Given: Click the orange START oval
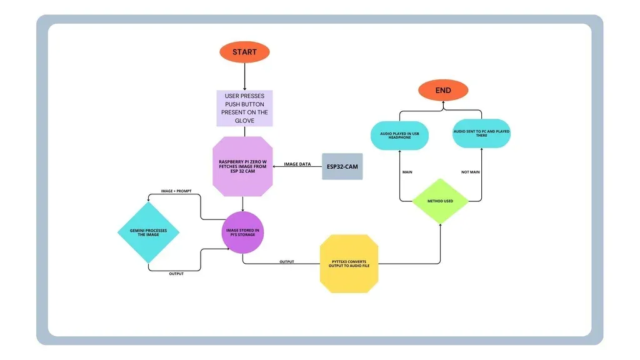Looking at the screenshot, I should tap(244, 52).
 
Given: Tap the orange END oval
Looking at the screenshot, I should tap(443, 91).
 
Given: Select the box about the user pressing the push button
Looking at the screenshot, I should tap(244, 109).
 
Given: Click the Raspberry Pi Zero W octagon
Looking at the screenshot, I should tap(244, 165).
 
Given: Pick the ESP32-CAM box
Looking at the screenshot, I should tap(342, 166).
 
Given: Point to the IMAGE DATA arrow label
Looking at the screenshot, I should tap(298, 164).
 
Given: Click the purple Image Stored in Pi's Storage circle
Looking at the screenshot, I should tap(243, 232).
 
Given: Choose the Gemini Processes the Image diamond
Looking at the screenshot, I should tap(149, 232).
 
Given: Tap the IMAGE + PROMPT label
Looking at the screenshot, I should tap(176, 191).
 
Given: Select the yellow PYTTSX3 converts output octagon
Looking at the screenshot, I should tap(349, 263).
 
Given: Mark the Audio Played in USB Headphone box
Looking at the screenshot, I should tap(400, 134).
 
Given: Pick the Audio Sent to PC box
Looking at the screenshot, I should tap(481, 134).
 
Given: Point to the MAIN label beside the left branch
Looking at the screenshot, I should tap(407, 172).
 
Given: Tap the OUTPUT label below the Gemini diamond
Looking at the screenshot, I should tap(176, 274).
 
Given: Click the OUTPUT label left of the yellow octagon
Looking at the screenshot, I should tap(286, 262).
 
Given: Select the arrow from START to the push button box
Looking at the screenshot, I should tap(244, 76).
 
